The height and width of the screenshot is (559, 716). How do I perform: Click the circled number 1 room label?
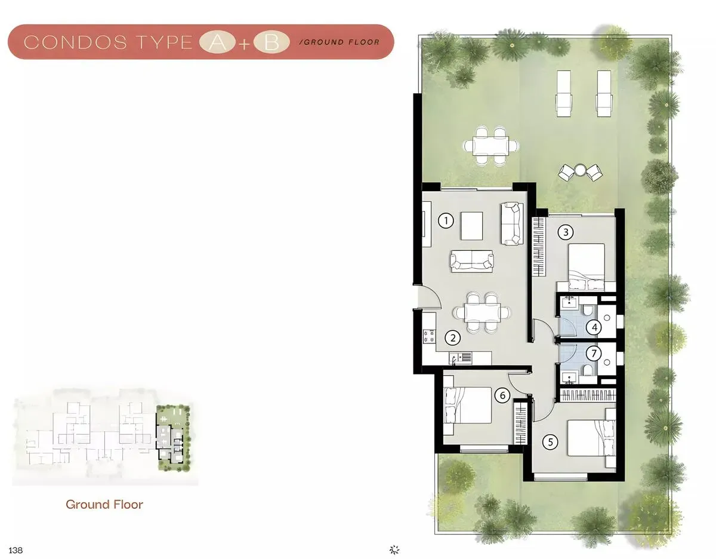point(446,220)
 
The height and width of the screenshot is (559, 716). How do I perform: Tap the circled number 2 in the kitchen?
point(453,337)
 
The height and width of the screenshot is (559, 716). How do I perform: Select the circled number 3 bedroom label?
point(566,232)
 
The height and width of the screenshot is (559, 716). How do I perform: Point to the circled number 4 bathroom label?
point(594,327)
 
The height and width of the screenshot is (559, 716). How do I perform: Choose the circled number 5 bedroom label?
point(550,441)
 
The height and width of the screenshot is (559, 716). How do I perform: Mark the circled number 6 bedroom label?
point(502,395)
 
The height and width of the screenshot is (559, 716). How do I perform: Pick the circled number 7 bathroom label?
point(594,354)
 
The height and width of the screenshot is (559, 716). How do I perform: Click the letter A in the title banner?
point(217,43)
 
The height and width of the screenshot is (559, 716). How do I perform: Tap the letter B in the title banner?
point(271,43)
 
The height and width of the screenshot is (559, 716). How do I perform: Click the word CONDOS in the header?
point(75,42)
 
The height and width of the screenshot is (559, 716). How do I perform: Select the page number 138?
point(16,550)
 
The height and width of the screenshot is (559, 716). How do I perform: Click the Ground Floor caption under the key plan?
point(104,505)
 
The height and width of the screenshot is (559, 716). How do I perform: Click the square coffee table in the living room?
point(472,226)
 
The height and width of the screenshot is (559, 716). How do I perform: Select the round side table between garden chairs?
point(579,170)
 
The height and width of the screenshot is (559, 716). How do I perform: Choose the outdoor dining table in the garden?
point(490,146)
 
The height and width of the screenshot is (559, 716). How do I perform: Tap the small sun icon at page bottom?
point(394,550)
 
